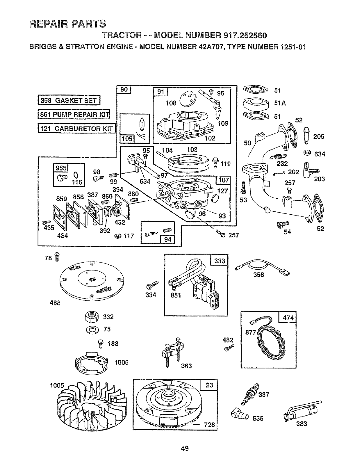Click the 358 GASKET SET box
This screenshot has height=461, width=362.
(x=69, y=100)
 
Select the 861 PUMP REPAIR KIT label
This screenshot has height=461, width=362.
(x=74, y=114)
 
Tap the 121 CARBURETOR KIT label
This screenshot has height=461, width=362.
(x=76, y=128)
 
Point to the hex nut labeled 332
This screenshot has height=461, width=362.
(x=91, y=316)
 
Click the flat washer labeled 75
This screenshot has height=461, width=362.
(x=92, y=330)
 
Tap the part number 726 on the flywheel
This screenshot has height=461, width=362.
(x=209, y=425)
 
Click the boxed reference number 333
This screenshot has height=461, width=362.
(x=220, y=261)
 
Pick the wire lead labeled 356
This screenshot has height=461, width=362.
(x=262, y=267)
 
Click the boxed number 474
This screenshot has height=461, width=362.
(x=288, y=318)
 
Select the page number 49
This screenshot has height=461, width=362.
(x=185, y=448)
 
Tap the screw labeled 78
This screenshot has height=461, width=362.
(x=57, y=257)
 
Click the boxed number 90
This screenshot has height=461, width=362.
(x=124, y=90)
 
